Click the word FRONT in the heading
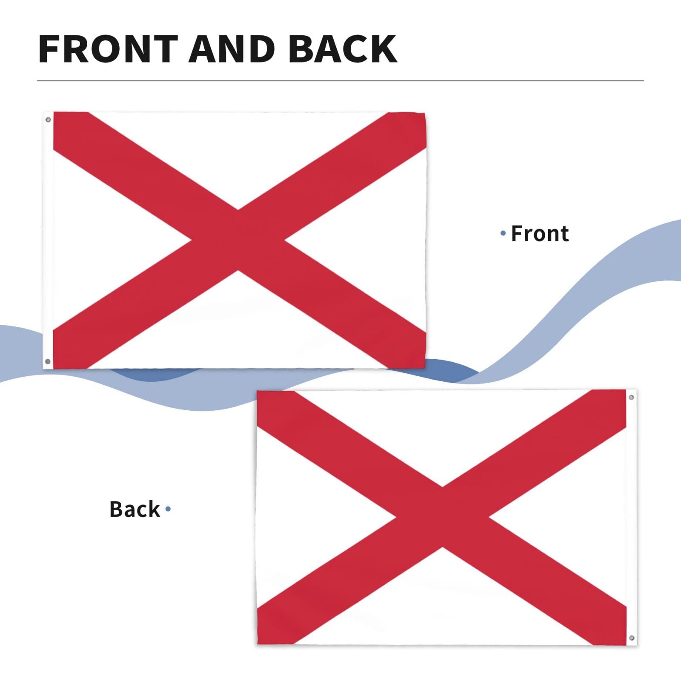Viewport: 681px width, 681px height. (x=108, y=49)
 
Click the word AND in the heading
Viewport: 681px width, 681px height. (x=232, y=49)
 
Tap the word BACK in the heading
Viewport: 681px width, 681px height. (x=342, y=49)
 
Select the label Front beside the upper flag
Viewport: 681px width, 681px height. (x=540, y=234)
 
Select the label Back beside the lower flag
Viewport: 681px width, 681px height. (x=134, y=509)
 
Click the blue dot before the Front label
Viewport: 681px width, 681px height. (x=503, y=233)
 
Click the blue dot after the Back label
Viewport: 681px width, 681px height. (x=168, y=509)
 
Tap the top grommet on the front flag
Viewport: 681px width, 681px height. (x=48, y=120)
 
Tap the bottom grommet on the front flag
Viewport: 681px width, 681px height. (x=48, y=361)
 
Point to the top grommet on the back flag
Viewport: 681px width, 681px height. (x=631, y=397)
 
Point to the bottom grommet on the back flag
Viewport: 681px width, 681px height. (x=632, y=638)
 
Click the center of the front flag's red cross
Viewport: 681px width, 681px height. (x=238, y=240)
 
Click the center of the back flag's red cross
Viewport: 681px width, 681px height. (x=443, y=517)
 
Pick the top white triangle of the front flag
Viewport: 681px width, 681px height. (x=238, y=153)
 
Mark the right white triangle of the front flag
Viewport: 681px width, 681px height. (x=375, y=240)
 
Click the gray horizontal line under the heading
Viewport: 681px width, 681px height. (x=340, y=80)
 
